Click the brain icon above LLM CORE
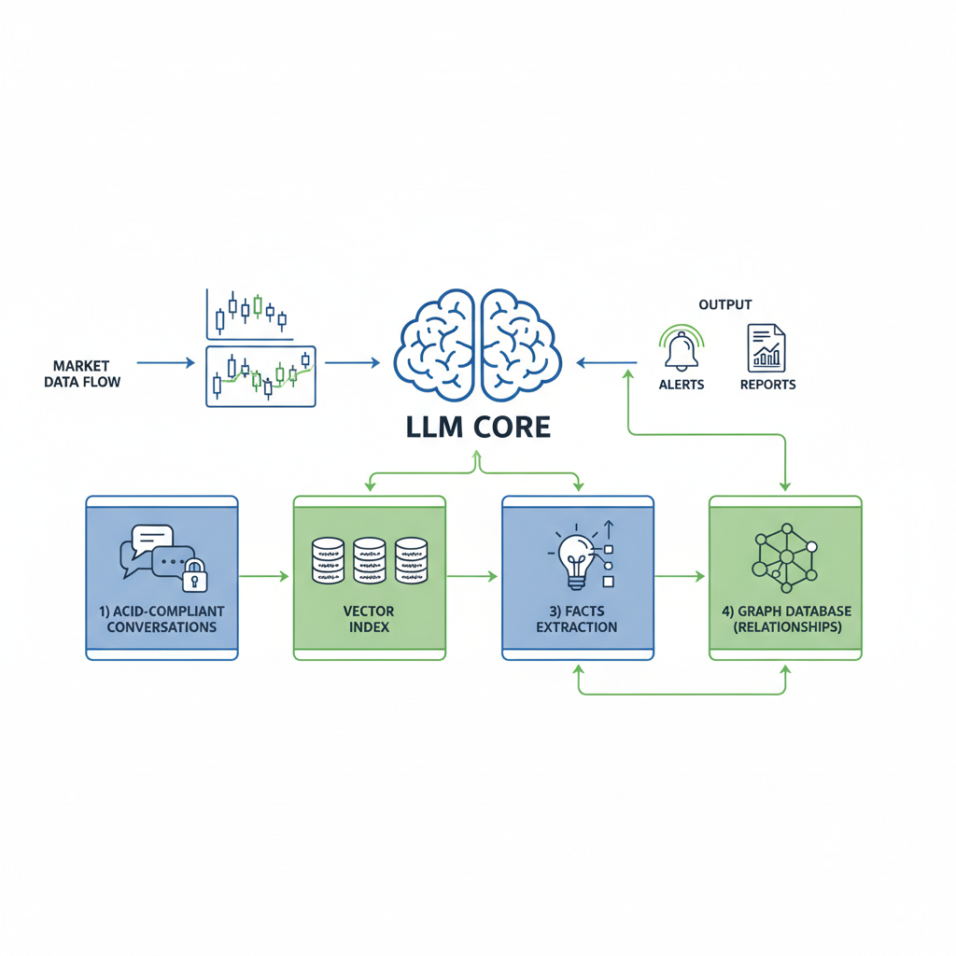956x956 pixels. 477,346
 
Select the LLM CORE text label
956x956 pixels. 477,427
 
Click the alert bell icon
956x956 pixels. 682,349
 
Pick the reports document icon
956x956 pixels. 766,348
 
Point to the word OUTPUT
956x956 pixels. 724,304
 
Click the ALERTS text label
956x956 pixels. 682,385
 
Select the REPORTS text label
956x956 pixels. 767,385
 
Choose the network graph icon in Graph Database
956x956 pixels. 785,557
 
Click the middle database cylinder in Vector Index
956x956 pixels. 370,560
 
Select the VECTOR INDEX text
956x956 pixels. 370,619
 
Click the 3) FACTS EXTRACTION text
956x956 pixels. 577,619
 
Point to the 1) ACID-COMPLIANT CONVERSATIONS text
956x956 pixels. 162,619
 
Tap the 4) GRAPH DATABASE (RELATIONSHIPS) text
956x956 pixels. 785,619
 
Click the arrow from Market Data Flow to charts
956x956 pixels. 165,362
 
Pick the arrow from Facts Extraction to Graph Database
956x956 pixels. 680,577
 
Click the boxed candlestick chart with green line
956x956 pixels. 260,376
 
